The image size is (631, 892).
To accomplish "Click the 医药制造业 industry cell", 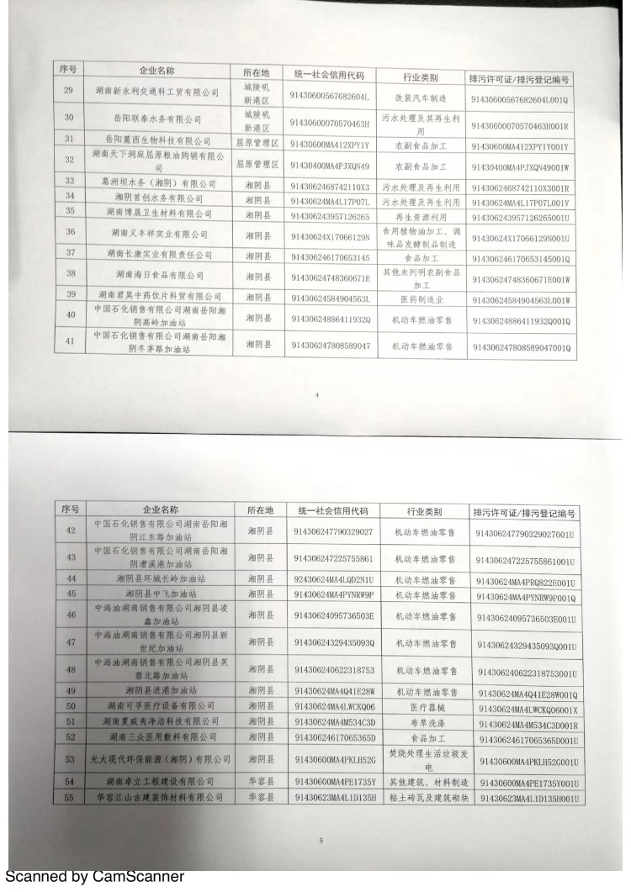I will [x=422, y=298].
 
